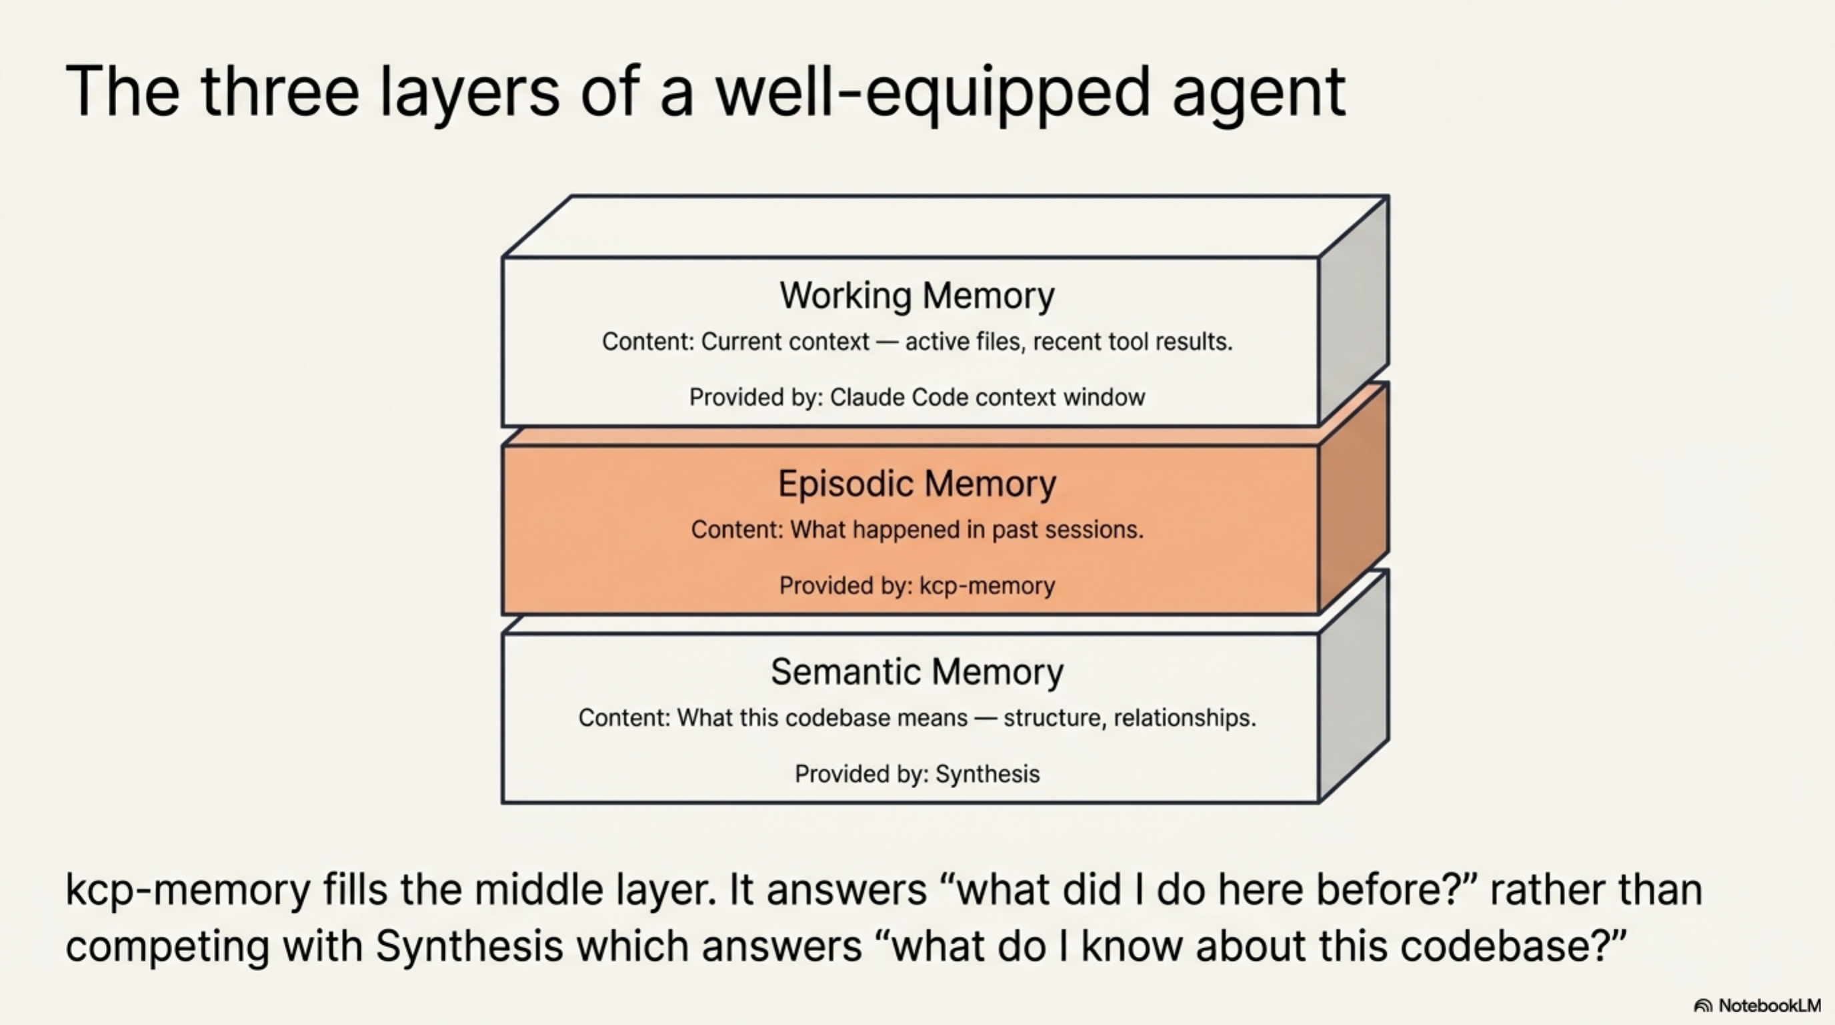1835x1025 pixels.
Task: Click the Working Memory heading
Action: [917, 295]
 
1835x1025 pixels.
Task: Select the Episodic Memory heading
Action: [917, 483]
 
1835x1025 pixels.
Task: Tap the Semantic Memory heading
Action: [917, 671]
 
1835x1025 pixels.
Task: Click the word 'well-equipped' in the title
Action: [932, 93]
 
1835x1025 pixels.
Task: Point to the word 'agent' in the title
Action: [1259, 93]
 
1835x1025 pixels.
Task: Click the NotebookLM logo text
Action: [1769, 1006]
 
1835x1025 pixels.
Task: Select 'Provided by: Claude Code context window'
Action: [917, 397]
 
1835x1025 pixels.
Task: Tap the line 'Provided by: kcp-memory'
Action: [917, 585]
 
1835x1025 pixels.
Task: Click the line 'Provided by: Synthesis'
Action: [917, 773]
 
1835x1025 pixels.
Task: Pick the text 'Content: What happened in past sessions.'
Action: [917, 530]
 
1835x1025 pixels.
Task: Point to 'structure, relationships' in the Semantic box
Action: [1129, 718]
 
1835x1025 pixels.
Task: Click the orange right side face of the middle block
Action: [1354, 499]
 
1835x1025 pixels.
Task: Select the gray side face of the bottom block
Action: [1354, 688]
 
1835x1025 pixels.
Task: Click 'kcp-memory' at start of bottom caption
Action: [187, 890]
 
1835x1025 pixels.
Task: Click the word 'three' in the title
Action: [279, 93]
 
